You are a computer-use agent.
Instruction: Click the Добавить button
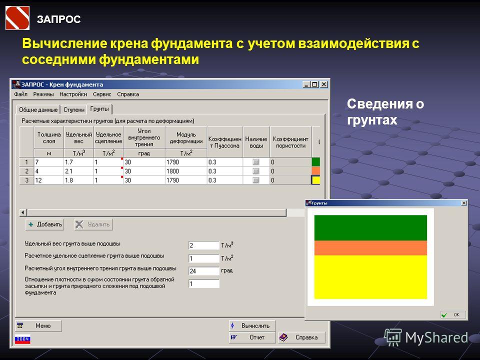(44, 224)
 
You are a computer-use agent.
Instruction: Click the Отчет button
(252, 337)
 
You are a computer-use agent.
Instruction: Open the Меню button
(38, 325)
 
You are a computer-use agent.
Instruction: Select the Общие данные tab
(38, 109)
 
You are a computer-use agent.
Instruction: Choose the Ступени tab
(74, 109)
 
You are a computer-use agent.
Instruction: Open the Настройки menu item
(73, 94)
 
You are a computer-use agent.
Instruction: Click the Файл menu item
(21, 94)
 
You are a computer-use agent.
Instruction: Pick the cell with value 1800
(186, 171)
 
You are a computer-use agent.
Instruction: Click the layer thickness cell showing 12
(48, 180)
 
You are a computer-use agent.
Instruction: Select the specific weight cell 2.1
(78, 171)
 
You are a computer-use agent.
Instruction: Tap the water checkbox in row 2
(256, 171)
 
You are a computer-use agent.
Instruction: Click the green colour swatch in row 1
(315, 162)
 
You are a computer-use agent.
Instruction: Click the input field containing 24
(204, 271)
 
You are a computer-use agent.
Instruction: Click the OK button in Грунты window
(453, 314)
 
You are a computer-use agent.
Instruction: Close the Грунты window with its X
(464, 203)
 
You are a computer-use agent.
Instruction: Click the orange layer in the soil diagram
(370, 248)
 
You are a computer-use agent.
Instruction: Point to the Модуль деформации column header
(186, 138)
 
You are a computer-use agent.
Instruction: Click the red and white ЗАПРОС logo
(17, 18)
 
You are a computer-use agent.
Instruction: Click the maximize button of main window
(315, 84)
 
